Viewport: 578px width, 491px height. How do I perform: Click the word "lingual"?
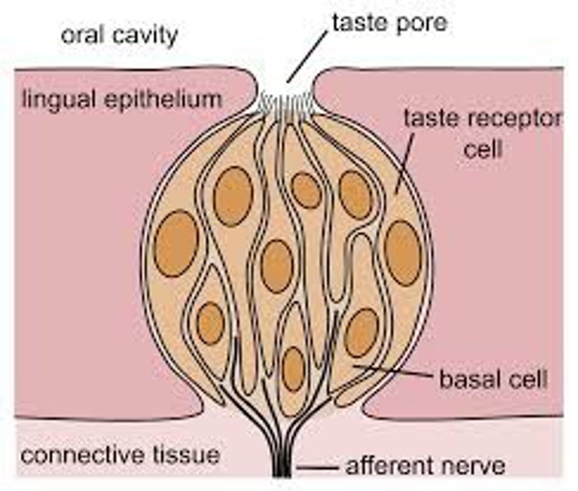click(59, 100)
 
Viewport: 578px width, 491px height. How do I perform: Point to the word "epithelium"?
click(163, 100)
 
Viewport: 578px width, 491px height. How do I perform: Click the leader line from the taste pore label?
click(307, 57)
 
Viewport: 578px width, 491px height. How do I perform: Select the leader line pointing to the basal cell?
click(392, 370)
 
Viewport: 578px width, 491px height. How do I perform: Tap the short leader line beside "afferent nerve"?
click(317, 467)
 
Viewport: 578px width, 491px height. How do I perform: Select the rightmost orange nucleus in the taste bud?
click(403, 253)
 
